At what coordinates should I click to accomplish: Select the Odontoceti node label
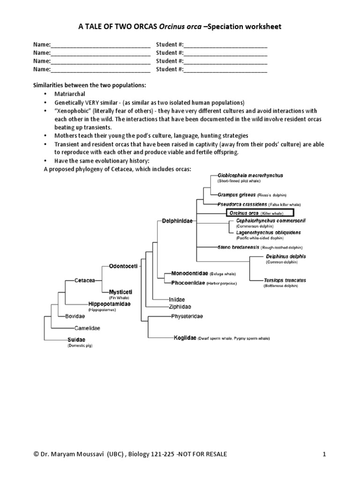pyautogui.click(x=123, y=266)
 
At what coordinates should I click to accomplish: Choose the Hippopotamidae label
pyautogui.click(x=109, y=304)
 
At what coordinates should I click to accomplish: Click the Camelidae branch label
pyautogui.click(x=87, y=328)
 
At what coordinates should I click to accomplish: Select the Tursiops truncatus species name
pyautogui.click(x=285, y=280)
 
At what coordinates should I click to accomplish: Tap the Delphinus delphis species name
pyautogui.click(x=285, y=256)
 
